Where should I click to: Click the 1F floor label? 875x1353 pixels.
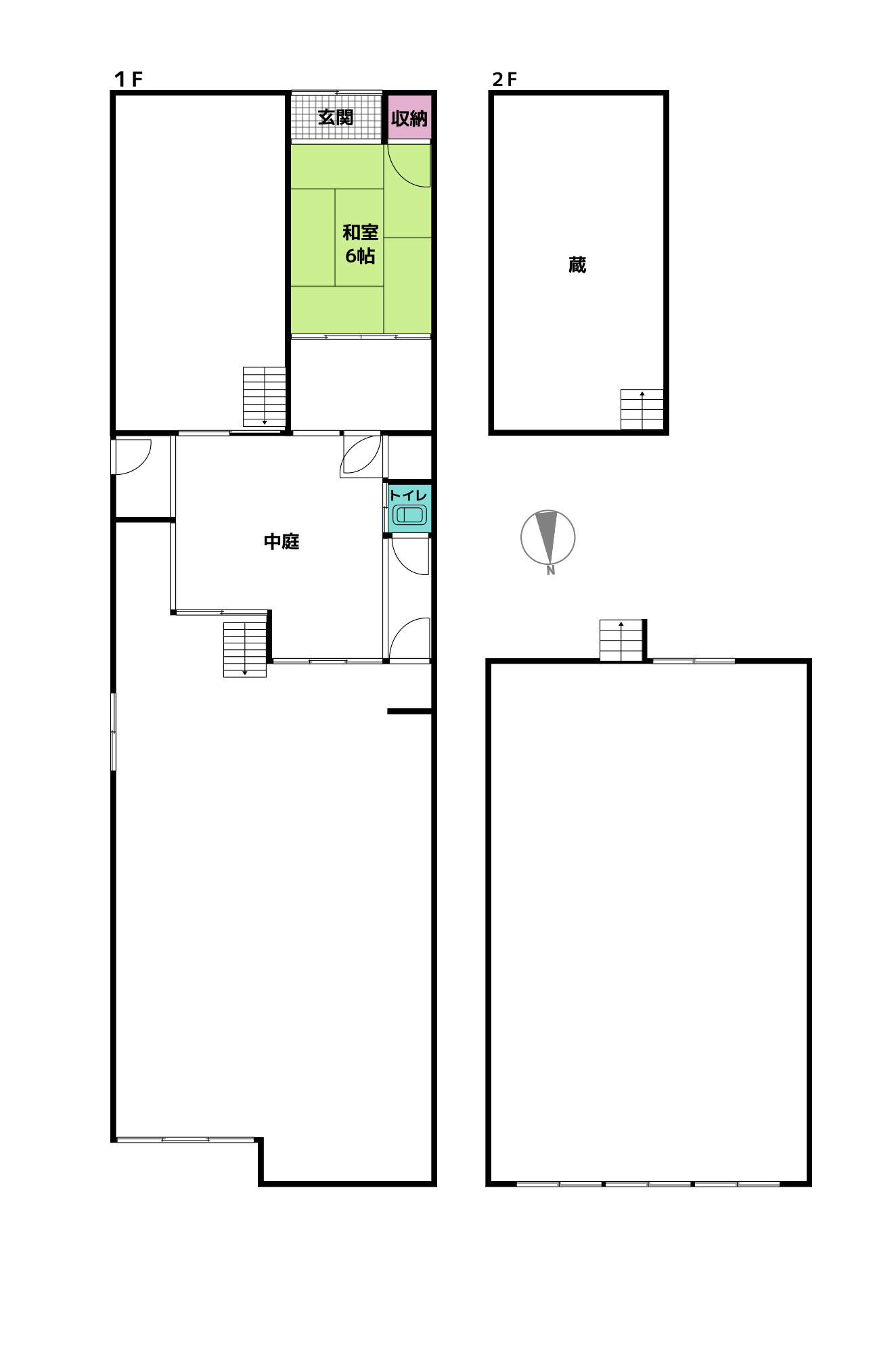point(129,79)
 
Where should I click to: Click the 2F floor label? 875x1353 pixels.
point(505,79)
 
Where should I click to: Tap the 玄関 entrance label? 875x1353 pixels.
point(336,117)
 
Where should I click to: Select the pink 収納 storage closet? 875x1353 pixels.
point(409,118)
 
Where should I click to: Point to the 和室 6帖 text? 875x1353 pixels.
point(360,244)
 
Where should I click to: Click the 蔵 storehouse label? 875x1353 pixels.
point(577,265)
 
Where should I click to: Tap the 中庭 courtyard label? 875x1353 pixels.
point(282,541)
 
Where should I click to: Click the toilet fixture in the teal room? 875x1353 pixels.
point(409,515)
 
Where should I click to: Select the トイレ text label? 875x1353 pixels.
point(409,495)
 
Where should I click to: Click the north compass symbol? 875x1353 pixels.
point(548,538)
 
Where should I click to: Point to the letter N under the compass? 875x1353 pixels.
point(551,570)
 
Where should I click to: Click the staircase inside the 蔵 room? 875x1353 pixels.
point(642,409)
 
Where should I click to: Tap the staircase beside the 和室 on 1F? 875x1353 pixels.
point(265,396)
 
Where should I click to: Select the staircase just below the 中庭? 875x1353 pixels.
point(245,649)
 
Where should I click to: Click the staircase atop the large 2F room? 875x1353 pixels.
point(621,640)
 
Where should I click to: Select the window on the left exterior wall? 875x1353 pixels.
point(114,731)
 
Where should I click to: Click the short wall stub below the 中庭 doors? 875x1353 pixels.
point(409,712)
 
